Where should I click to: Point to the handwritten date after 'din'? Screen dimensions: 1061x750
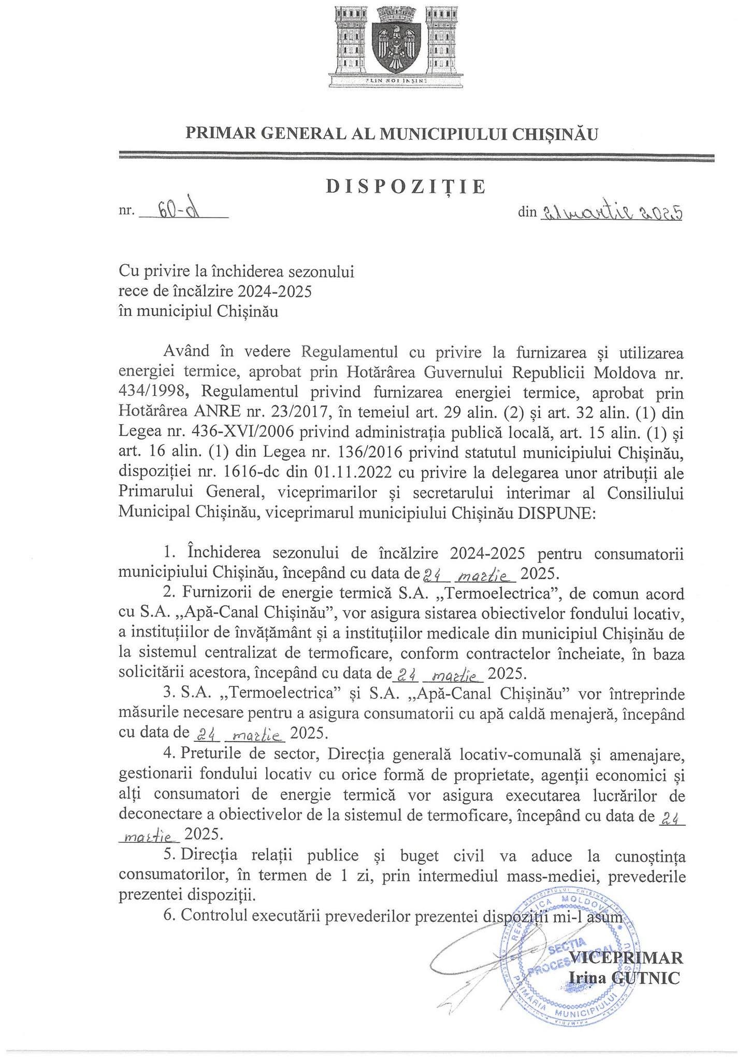[x=611, y=211]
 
